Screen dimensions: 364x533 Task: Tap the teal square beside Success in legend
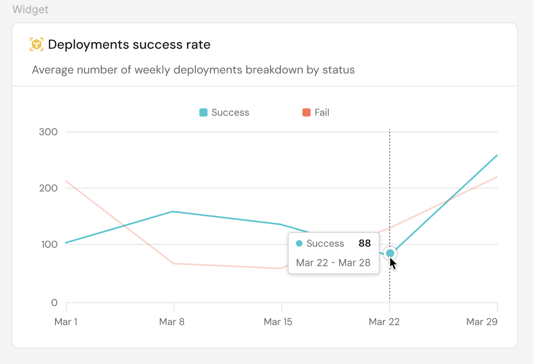203,112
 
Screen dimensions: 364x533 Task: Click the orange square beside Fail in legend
306,112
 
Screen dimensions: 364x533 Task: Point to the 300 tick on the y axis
48,132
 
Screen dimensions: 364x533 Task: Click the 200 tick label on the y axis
48,188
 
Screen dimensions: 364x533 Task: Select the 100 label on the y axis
48,244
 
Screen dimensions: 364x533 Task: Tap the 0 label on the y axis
54,303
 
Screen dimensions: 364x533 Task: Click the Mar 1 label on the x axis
66,322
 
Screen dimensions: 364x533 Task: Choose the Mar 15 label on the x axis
279,322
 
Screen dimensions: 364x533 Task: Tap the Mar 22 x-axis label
384,322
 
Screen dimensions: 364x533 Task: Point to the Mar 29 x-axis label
482,322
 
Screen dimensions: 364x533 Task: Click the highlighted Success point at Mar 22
390,253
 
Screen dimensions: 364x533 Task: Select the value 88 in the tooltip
365,243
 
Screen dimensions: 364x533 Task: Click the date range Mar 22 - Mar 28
333,262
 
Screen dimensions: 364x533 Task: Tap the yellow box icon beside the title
37,45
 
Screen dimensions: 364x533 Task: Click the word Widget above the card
30,10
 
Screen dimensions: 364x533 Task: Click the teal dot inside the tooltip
299,243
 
